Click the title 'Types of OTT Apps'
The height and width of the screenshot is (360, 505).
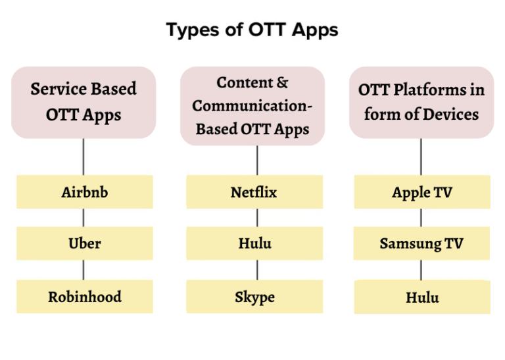click(x=252, y=30)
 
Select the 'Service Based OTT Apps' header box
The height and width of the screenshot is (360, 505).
click(x=84, y=102)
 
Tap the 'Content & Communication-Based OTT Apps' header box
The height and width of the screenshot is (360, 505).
click(x=252, y=105)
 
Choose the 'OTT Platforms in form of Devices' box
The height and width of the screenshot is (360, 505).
click(x=421, y=102)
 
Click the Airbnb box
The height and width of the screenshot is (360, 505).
click(x=84, y=192)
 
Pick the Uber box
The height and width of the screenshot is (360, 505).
click(x=84, y=244)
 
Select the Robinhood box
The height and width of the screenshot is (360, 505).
click(x=84, y=297)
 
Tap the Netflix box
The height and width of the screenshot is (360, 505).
click(x=254, y=192)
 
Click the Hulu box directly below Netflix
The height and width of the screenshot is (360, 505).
click(x=254, y=244)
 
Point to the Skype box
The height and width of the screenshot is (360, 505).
click(x=254, y=297)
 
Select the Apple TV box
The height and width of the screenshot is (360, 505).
click(x=422, y=192)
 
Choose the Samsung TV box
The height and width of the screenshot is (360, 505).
click(x=422, y=244)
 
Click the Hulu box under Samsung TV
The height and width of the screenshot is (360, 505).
click(x=422, y=297)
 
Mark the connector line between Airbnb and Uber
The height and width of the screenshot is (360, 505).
click(x=84, y=218)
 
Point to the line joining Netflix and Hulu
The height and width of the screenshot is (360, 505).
click(x=256, y=218)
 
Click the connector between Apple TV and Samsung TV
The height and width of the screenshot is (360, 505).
click(x=421, y=218)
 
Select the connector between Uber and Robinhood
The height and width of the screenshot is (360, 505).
click(x=84, y=270)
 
